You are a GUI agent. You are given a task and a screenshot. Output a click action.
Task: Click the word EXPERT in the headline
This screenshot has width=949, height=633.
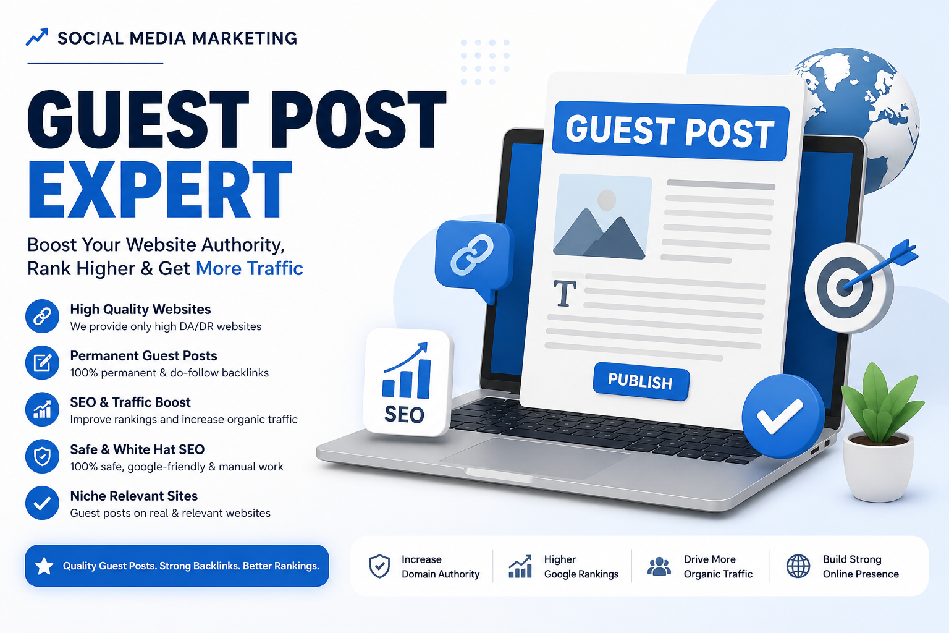(160, 190)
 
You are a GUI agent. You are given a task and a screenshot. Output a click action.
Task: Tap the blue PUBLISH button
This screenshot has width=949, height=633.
(641, 381)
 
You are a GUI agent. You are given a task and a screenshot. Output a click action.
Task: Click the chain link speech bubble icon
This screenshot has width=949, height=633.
(474, 258)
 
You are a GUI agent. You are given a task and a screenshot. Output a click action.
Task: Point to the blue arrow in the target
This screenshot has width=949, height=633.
(880, 265)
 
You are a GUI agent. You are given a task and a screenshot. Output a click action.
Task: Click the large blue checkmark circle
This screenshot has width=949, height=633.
(782, 416)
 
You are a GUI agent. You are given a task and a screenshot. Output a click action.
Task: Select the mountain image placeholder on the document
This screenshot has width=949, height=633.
(602, 216)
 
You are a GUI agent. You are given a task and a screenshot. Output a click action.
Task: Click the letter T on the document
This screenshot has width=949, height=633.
(565, 293)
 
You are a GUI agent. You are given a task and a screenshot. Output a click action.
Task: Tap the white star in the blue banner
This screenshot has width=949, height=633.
(44, 566)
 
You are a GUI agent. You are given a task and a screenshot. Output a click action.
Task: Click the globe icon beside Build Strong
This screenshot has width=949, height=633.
(798, 566)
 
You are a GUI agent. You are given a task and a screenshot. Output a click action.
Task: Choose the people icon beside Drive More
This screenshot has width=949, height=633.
(659, 566)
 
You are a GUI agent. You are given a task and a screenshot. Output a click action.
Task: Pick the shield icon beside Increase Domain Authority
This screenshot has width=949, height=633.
(379, 566)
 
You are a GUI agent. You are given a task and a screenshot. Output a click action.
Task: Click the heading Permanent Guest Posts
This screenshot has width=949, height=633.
(143, 355)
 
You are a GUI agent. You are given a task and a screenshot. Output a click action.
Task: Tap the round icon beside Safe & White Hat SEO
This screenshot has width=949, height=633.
(42, 456)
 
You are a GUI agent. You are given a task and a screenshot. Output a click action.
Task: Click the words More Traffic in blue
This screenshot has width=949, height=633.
(250, 268)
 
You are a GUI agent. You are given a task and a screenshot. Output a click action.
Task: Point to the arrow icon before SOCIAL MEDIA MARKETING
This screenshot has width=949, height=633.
(37, 37)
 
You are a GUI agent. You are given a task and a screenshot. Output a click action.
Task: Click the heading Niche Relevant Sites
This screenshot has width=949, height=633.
(134, 496)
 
